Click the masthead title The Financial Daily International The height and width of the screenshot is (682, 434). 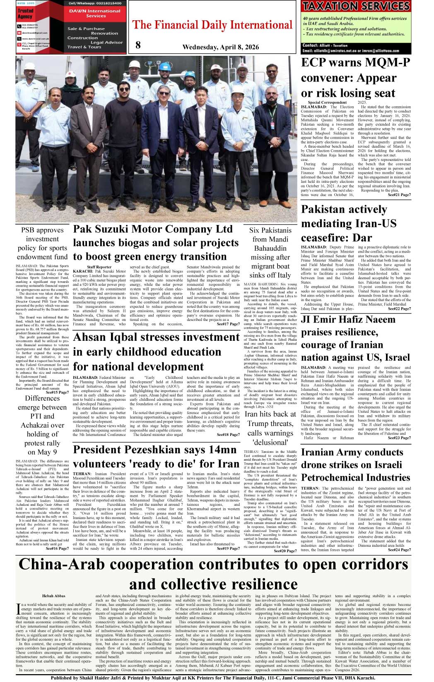coord(212,25)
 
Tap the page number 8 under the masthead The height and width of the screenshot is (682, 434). coord(138,45)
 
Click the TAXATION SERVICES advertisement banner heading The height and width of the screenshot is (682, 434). coord(356,6)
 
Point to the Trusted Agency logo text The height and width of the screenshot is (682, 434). coord(25,14)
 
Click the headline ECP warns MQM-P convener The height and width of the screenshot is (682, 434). coord(355,78)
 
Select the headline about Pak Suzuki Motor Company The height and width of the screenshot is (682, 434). coord(156,243)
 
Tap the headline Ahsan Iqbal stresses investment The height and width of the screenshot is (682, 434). coord(156,352)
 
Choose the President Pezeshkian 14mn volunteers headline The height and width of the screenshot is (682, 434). coord(156,457)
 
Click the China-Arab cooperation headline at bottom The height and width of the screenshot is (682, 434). coord(213,574)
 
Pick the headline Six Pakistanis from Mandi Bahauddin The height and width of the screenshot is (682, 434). coord(270,252)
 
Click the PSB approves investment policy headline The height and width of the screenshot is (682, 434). coord(42,243)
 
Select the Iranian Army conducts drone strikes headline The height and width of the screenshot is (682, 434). coord(355,465)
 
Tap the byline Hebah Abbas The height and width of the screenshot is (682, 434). coord(54,596)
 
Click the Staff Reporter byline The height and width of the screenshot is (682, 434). coord(99,267)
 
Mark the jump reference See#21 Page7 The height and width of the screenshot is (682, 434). coord(399,194)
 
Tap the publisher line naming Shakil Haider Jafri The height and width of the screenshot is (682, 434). coord(213,678)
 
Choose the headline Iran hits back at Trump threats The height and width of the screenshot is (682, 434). coord(270,428)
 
